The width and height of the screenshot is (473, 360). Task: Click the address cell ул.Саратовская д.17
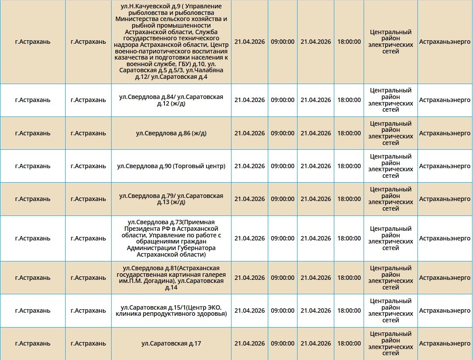click(171, 344)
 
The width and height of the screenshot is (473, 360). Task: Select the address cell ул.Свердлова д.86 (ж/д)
click(171, 133)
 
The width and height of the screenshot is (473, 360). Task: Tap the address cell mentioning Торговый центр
click(171, 166)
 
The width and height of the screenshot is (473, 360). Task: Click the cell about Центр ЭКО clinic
click(171, 311)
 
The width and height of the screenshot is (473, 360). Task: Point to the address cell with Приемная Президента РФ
click(171, 238)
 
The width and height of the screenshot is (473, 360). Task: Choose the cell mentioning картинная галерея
click(171, 278)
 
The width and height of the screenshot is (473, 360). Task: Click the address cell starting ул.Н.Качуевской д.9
click(171, 42)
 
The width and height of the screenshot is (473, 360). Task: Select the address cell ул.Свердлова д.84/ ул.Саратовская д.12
click(171, 100)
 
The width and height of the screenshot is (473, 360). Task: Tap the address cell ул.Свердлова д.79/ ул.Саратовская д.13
click(171, 199)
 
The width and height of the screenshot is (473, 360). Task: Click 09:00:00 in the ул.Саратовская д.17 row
click(283, 344)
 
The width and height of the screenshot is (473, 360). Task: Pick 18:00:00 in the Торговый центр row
click(349, 166)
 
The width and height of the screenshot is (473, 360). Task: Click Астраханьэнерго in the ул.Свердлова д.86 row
click(445, 133)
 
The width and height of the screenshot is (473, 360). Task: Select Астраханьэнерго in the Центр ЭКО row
click(445, 311)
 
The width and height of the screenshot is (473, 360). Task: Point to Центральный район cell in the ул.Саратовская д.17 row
click(390, 344)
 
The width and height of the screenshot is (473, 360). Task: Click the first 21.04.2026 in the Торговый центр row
click(249, 166)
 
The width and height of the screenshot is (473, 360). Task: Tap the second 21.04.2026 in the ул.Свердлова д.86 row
click(315, 133)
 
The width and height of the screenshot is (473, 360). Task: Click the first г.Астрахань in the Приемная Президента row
click(32, 238)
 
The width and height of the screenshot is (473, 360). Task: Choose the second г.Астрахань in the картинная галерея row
click(88, 278)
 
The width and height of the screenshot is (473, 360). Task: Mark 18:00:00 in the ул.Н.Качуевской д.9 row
click(349, 42)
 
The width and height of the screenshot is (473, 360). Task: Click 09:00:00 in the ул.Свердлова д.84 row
click(283, 100)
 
